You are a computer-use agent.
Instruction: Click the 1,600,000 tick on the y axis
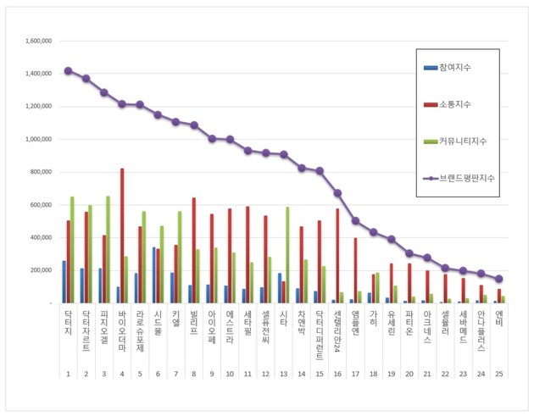coord(39,41)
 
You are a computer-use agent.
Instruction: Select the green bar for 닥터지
coord(73,250)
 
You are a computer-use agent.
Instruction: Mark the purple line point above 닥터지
coord(68,70)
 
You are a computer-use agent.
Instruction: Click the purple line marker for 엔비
coord(498,279)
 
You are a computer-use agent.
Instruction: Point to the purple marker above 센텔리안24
coord(337,193)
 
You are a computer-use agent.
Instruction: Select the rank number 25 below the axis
coord(498,374)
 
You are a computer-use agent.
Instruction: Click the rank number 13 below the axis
coord(283,374)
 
